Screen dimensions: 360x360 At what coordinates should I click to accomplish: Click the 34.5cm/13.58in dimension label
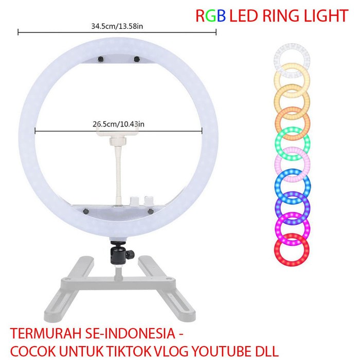pyautogui.click(x=117, y=25)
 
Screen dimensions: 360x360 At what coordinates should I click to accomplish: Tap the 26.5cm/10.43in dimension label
pyautogui.click(x=118, y=124)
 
